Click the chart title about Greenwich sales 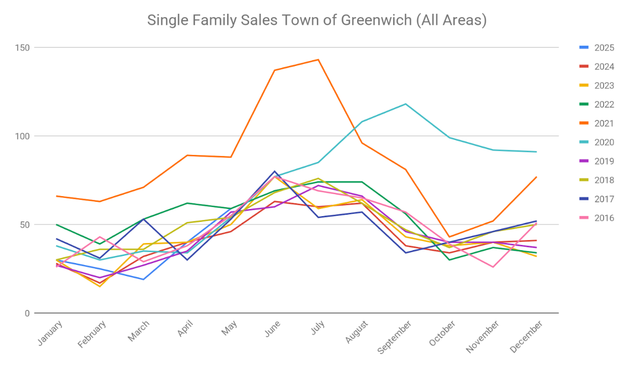(316, 20)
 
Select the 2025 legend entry (604, 48)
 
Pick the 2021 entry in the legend (604, 124)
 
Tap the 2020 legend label (604, 143)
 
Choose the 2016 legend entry (604, 218)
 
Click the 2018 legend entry (604, 180)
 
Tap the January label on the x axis (50, 333)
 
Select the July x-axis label (318, 328)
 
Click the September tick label (395, 337)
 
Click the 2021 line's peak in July (319, 60)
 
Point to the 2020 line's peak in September (405, 104)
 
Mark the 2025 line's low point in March (144, 280)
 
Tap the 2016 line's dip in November (493, 267)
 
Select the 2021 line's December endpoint (537, 177)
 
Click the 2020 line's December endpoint (537, 152)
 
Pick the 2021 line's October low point (449, 237)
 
